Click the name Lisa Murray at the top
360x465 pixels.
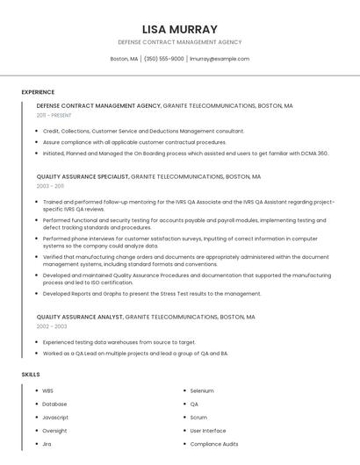[179, 29]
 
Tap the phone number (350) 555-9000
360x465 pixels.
[164, 59]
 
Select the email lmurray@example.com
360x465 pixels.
[220, 59]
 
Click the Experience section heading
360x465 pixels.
[38, 92]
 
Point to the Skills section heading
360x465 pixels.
[31, 375]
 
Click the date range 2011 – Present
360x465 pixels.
[54, 115]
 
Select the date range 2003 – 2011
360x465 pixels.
[50, 186]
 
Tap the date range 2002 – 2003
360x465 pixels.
[52, 326]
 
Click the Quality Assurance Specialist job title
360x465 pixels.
[83, 176]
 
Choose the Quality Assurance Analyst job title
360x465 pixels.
[80, 317]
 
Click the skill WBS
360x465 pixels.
[47, 390]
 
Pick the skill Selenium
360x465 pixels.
[202, 390]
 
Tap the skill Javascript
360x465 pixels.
[55, 418]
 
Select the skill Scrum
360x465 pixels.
[198, 418]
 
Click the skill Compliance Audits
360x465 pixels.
[214, 444]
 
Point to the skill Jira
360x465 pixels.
[47, 444]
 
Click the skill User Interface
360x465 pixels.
[208, 431]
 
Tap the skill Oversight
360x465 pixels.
[54, 431]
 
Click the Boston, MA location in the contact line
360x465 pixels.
[124, 59]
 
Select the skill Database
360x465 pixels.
[54, 404]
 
